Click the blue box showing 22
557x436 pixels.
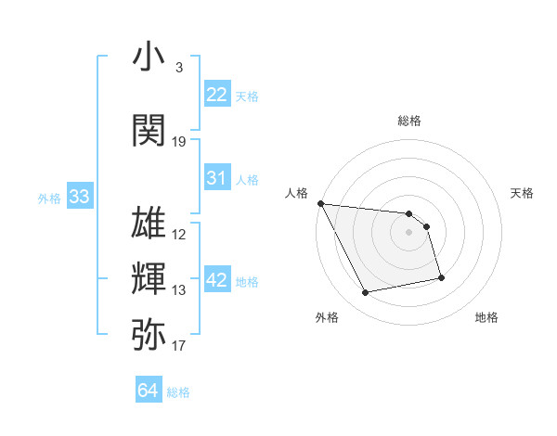pyautogui.click(x=217, y=94)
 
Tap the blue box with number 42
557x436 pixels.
pyautogui.click(x=217, y=280)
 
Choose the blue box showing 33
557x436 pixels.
pyautogui.click(x=79, y=197)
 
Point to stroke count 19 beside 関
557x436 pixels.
pyautogui.click(x=179, y=142)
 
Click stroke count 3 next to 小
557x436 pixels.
pyautogui.click(x=178, y=68)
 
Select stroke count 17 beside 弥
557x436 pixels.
pyautogui.click(x=179, y=346)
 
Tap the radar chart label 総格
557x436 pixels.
pyautogui.click(x=409, y=121)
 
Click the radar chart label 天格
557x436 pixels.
pyautogui.click(x=523, y=193)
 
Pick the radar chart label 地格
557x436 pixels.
pyautogui.click(x=486, y=317)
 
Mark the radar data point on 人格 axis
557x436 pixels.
pyautogui.click(x=320, y=203)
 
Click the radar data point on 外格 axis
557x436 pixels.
pyautogui.click(x=366, y=293)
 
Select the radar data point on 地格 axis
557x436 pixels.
pyautogui.click(x=441, y=277)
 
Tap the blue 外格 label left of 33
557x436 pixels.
pyautogui.click(x=49, y=198)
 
